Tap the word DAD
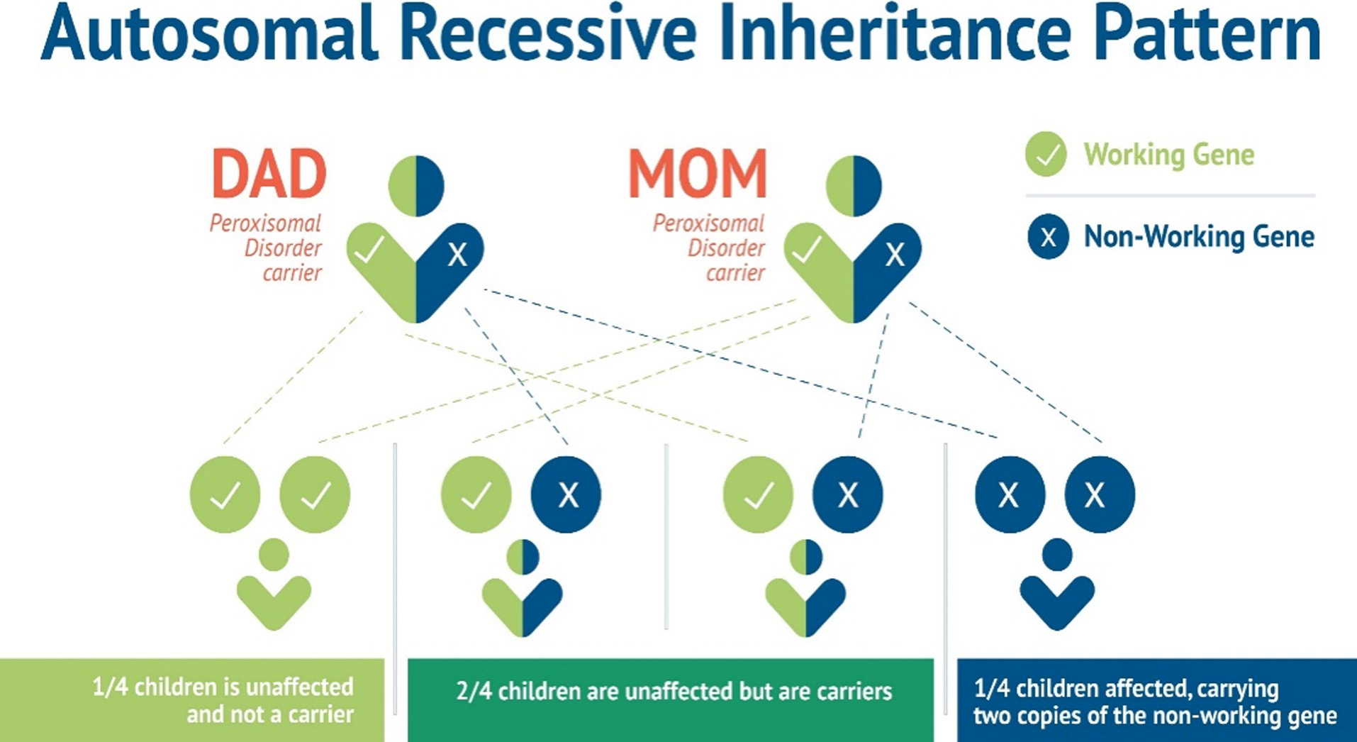coord(269,174)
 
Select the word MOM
coord(698,174)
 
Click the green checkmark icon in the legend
coord(1046,154)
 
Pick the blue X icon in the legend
coord(1048,236)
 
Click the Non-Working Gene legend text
coord(1199,236)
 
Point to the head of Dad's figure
coord(416,186)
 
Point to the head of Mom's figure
coord(854,186)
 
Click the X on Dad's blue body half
coord(458,254)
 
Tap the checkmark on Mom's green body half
coord(806,250)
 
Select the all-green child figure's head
coord(274,555)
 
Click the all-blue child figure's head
coord(1057,555)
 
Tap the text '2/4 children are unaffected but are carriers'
coord(674,691)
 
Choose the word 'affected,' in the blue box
coord(1145,688)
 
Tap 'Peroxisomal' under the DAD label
coord(265,223)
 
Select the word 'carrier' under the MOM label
coord(735,273)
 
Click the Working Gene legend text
coord(1169,155)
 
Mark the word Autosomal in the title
coord(210,34)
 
